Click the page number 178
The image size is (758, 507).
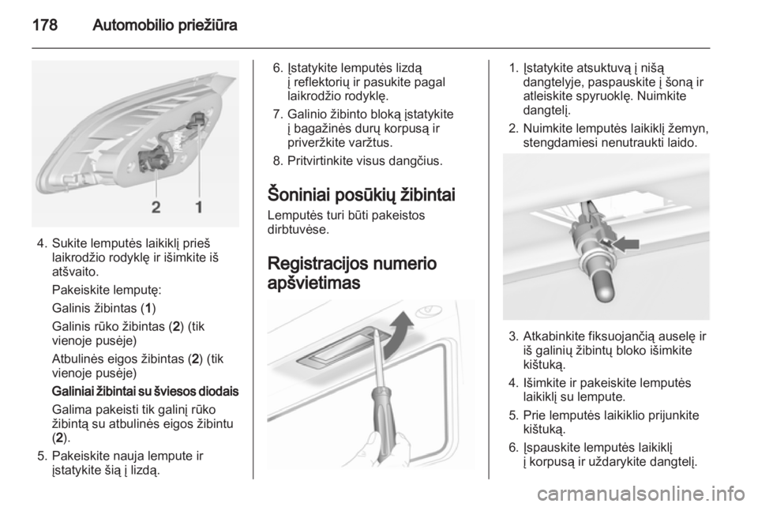[x=45, y=24]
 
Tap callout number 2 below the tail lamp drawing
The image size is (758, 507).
[x=156, y=208]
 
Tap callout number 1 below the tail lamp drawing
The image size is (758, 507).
[x=199, y=208]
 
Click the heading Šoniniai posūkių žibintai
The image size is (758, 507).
[x=361, y=195]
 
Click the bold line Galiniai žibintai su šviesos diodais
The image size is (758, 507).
[x=145, y=391]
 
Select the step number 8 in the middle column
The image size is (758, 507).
[x=277, y=161]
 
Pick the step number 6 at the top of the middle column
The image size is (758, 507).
[x=277, y=68]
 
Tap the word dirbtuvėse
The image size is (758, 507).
[x=298, y=229]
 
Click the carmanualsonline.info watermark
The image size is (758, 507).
[x=641, y=494]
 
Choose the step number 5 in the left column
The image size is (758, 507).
[x=42, y=456]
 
